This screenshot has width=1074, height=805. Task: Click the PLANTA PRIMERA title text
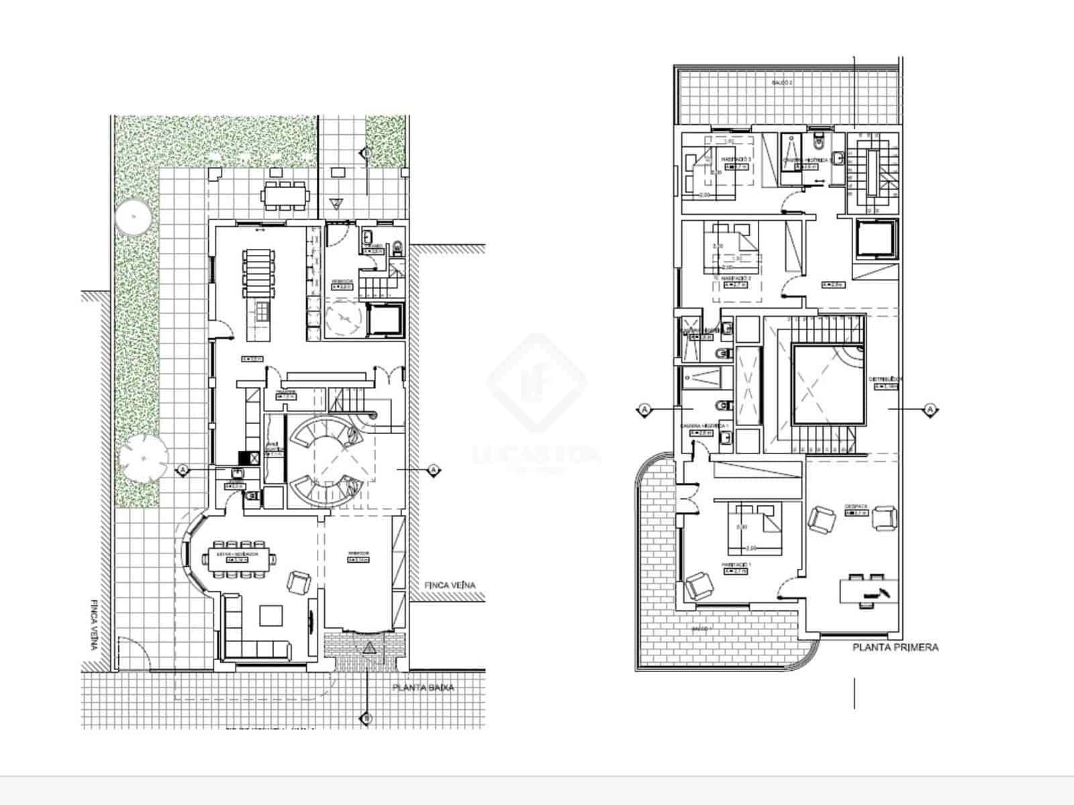click(x=895, y=647)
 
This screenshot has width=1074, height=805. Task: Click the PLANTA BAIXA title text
click(x=423, y=688)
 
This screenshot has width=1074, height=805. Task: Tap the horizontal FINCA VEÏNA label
click(x=450, y=586)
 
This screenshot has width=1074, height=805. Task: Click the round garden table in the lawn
click(x=133, y=216)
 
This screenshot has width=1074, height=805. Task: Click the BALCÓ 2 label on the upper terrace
click(x=782, y=83)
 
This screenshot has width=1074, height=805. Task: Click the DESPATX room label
click(x=857, y=506)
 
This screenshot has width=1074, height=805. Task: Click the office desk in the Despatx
click(x=869, y=591)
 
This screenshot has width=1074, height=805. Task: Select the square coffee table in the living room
click(x=272, y=615)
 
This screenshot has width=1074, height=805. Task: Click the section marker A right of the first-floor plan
click(x=930, y=409)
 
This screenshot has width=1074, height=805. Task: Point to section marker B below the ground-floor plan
click(x=367, y=718)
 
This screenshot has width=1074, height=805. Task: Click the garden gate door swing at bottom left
click(x=133, y=654)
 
